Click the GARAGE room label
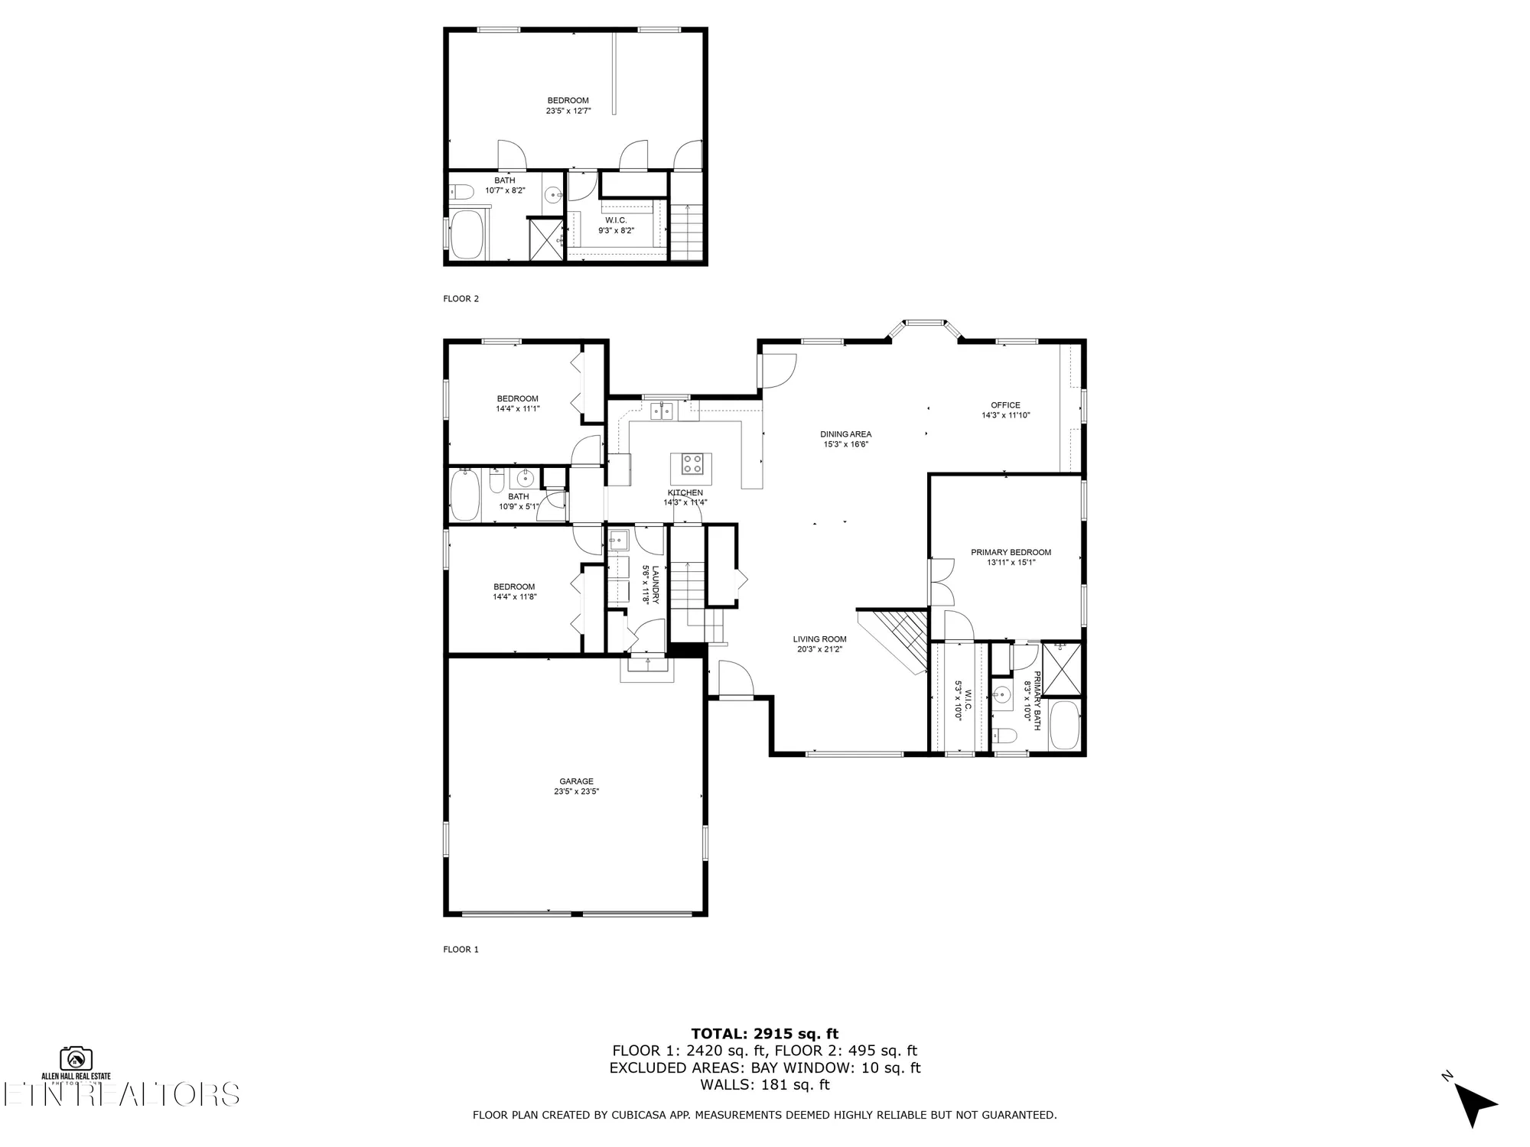click(576, 781)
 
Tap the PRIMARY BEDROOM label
click(1011, 552)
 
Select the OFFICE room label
click(1005, 405)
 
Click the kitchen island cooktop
click(692, 463)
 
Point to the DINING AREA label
click(845, 434)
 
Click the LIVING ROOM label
click(819, 639)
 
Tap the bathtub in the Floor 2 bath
click(466, 236)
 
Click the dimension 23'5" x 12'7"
click(568, 111)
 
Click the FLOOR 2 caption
click(461, 299)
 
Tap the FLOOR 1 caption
click(461, 950)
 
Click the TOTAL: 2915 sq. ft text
click(764, 1034)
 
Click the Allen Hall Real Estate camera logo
click(76, 1058)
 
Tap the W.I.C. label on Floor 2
click(616, 220)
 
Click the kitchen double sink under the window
click(662, 412)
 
